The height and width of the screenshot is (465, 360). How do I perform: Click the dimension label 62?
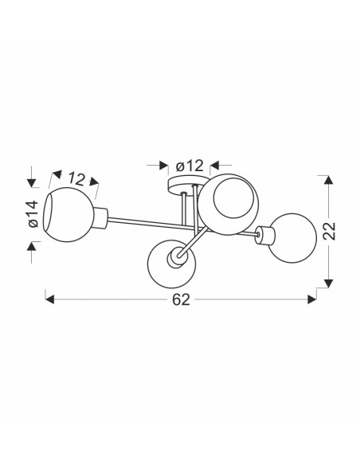coord(181,300)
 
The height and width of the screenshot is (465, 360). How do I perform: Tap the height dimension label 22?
coord(329,231)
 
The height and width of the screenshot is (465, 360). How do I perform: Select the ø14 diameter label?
coord(33,214)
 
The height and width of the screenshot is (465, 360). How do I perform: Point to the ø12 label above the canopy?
coord(190,166)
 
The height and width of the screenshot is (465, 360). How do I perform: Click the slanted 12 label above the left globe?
coord(76,179)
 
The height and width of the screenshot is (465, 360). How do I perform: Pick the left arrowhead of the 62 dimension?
coord(49,299)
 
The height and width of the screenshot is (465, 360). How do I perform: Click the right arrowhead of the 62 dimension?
coord(312,299)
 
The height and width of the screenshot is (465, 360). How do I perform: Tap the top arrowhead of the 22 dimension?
coord(327,180)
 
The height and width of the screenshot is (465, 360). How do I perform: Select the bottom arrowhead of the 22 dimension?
coord(327,283)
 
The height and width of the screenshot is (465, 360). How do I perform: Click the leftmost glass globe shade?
coord(68,214)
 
